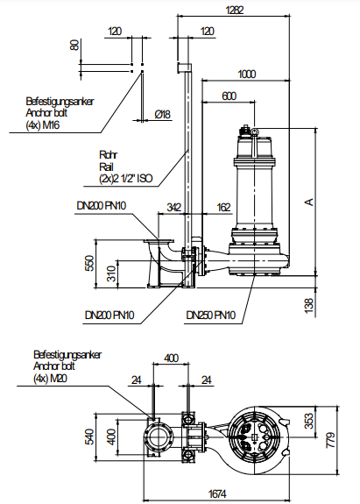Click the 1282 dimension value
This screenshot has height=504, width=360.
coord(235,10)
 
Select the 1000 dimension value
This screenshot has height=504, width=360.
coord(247,74)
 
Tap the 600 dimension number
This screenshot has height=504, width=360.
coord(229,96)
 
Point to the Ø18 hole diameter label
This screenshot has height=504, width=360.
coord(163,114)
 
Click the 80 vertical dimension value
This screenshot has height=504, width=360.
coord(74,45)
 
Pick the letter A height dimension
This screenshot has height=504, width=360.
coord(309,202)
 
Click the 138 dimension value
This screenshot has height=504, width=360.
coord(308,306)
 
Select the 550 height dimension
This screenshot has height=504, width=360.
coord(90,263)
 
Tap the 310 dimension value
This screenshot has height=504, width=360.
coord(111,273)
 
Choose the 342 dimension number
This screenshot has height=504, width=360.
coord(173,208)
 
